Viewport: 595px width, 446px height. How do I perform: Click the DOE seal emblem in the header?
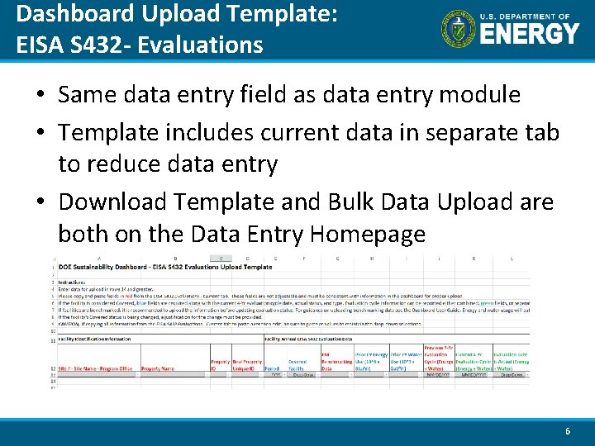(x=459, y=29)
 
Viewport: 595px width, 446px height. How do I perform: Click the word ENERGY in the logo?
(x=530, y=35)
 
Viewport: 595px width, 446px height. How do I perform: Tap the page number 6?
(x=567, y=431)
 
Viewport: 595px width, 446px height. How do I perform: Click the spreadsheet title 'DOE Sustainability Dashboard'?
(x=107, y=268)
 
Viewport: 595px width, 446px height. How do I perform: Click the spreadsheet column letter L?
(x=511, y=259)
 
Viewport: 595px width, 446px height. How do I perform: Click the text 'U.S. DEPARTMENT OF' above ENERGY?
(x=529, y=17)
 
